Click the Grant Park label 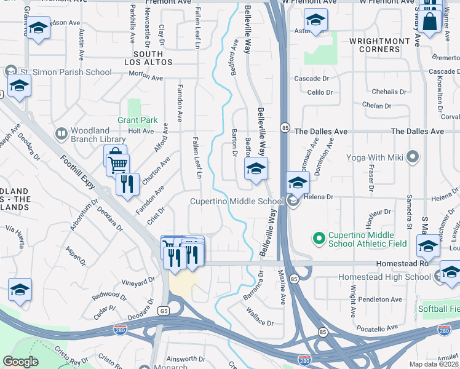click(138, 120)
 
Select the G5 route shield click(164, 311)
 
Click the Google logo click(20, 362)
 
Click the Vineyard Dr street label click(138, 282)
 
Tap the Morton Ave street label click(146, 78)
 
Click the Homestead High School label click(385, 277)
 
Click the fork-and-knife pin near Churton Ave click(127, 183)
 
